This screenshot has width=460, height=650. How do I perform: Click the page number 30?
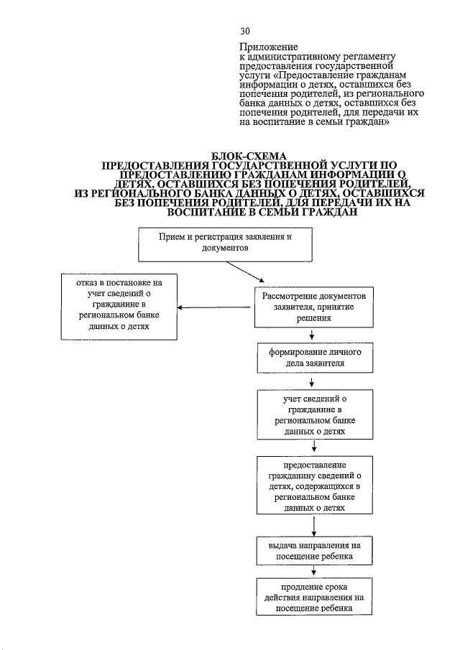[245, 32]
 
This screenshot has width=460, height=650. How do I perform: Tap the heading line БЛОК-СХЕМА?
[249, 156]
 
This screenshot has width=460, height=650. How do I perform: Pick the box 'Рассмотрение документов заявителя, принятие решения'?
[313, 307]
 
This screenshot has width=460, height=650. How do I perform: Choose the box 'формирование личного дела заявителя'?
[313, 358]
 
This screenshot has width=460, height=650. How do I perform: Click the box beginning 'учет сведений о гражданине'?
[313, 414]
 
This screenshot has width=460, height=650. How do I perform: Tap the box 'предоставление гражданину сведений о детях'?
[313, 486]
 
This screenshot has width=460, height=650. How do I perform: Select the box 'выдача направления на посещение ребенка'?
[313, 551]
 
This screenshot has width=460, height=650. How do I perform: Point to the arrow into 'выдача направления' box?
[313, 527]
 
